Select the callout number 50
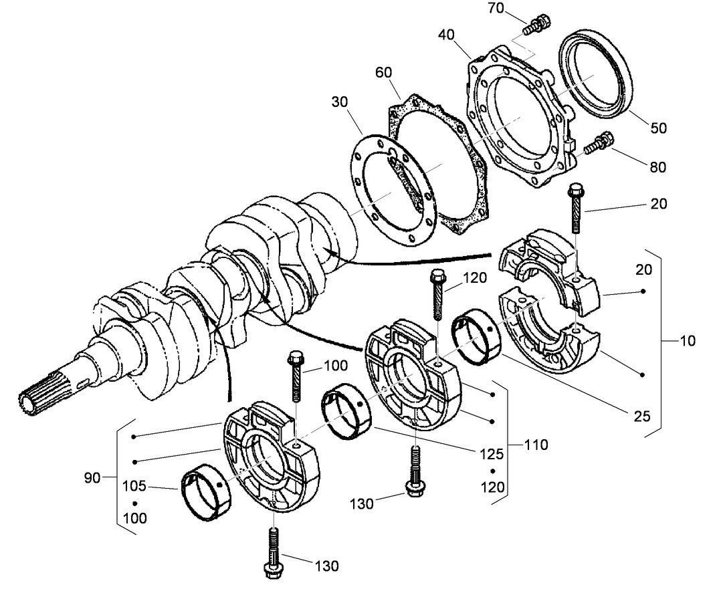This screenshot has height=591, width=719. pyautogui.click(x=658, y=128)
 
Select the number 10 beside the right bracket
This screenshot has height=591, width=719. pyautogui.click(x=687, y=340)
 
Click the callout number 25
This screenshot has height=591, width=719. pyautogui.click(x=641, y=416)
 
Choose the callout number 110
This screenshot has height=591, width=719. pyautogui.click(x=536, y=444)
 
